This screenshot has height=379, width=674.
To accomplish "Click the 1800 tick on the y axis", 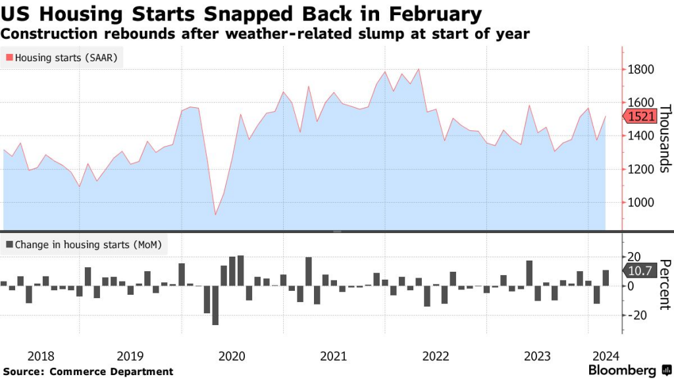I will pyautogui.click(x=640, y=70).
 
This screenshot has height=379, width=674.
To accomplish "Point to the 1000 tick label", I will pyautogui.click(x=640, y=203).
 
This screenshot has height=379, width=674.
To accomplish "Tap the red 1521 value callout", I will pyautogui.click(x=640, y=116).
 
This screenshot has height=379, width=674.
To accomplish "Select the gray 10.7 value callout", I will pyautogui.click(x=639, y=270).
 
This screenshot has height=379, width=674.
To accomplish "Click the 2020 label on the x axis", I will pyautogui.click(x=231, y=357).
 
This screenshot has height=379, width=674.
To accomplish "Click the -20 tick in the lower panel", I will pyautogui.click(x=636, y=316).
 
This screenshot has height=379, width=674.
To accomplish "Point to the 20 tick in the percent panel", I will pyautogui.click(x=636, y=257).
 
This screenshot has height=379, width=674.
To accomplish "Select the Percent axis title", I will pyautogui.click(x=664, y=284).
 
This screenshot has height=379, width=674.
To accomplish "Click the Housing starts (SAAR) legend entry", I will pyautogui.click(x=64, y=58).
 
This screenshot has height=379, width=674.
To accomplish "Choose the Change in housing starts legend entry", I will pyautogui.click(x=86, y=245).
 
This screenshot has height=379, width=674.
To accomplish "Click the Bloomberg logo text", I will pyautogui.click(x=624, y=370).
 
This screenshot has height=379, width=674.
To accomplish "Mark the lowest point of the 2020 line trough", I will pyautogui.click(x=215, y=215).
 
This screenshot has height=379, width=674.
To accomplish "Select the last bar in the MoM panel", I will pyautogui.click(x=606, y=278).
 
